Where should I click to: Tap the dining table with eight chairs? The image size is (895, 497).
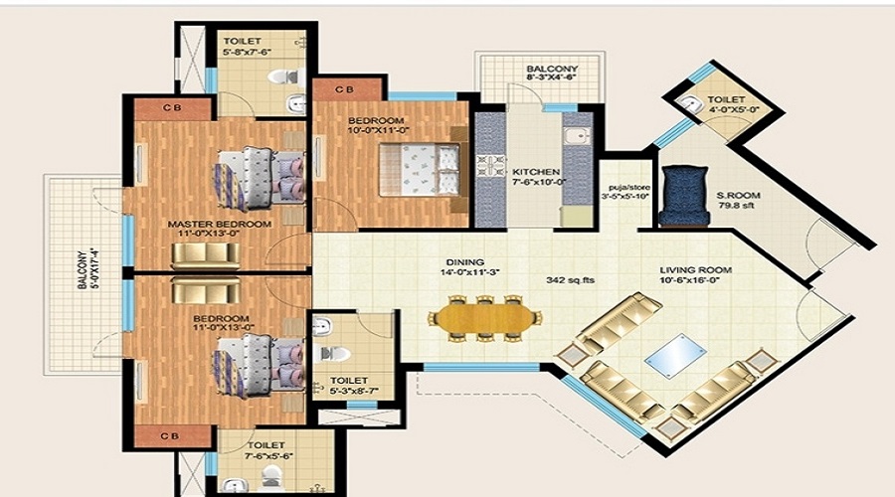click(x=485, y=318)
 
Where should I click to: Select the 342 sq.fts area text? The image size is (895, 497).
click(x=570, y=280)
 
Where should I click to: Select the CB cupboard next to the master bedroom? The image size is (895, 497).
click(x=171, y=105)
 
